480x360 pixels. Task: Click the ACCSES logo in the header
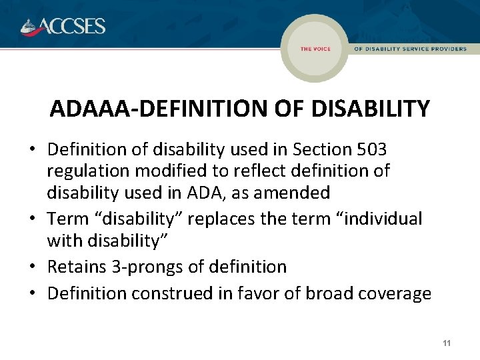point(63,26)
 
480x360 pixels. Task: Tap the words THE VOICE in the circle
point(315,49)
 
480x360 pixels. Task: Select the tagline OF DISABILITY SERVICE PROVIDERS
point(410,49)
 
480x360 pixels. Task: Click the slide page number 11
point(447,343)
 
